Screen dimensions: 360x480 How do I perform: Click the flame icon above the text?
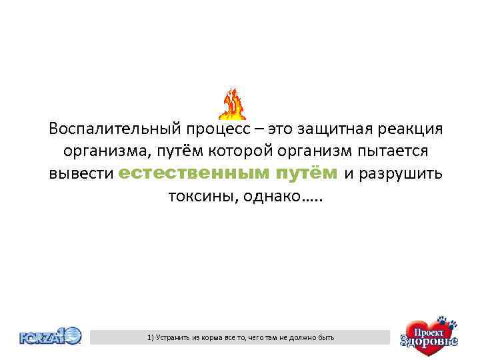[x=233, y=104]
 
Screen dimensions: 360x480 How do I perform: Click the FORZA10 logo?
[x=51, y=336]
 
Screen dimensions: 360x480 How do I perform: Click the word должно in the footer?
[x=300, y=338]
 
